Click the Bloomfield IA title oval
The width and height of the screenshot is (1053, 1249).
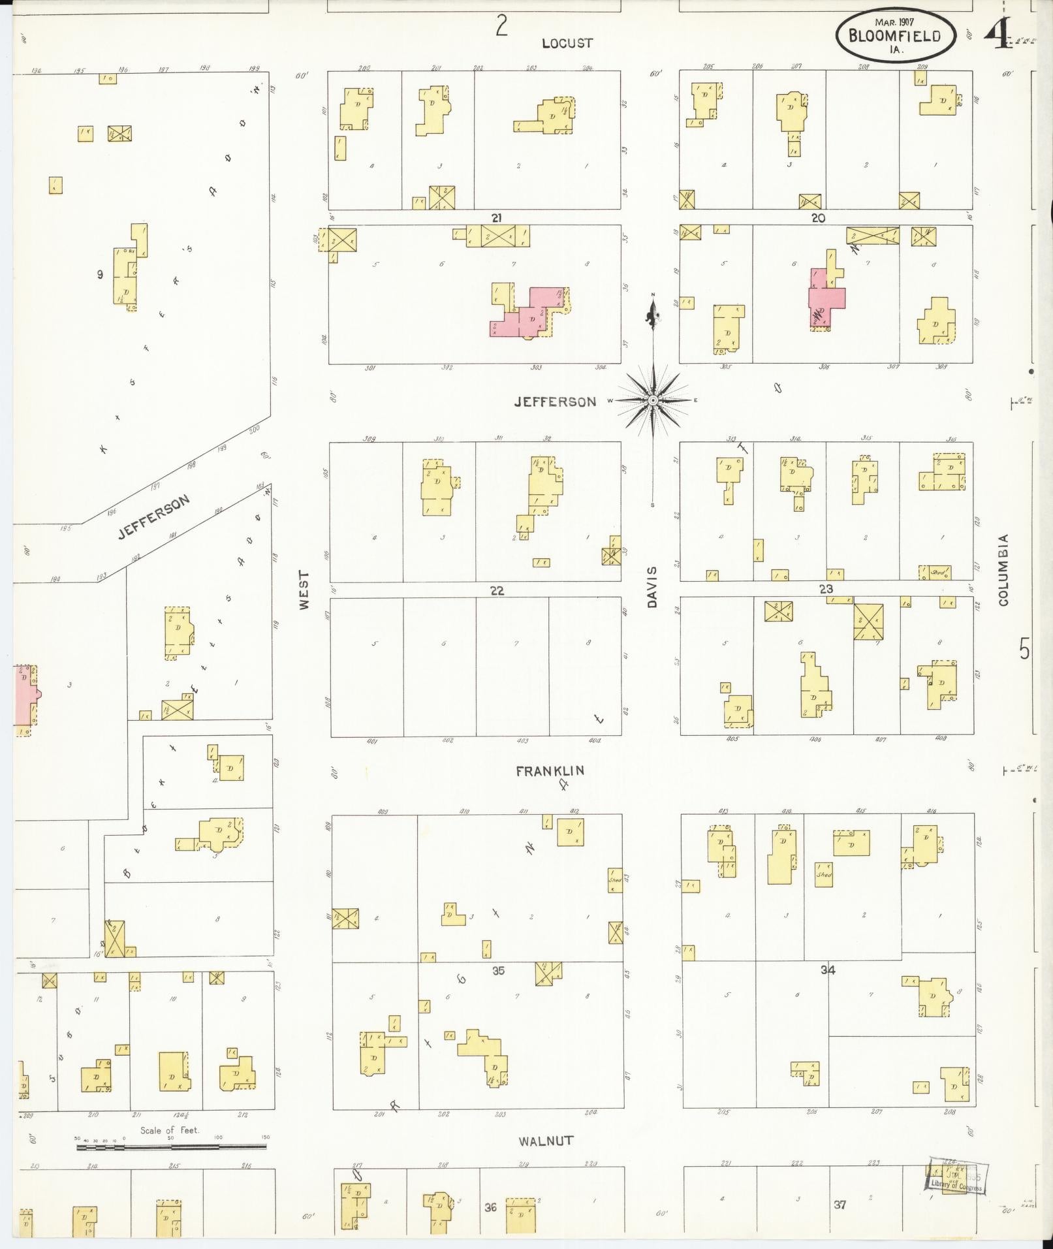895,36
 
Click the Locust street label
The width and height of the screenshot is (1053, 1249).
567,43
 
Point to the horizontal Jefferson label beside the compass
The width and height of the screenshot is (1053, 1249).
555,402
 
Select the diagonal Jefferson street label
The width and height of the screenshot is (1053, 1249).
154,517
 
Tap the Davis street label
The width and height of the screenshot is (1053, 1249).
652,587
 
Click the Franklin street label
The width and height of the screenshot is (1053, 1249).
550,771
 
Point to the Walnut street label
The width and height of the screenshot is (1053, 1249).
546,1141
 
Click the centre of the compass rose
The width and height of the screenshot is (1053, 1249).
653,400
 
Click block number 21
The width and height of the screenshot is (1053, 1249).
497,217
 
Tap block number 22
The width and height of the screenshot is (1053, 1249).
497,590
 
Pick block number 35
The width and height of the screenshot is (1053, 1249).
498,971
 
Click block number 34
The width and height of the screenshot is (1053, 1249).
828,970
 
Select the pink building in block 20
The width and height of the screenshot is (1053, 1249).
826,298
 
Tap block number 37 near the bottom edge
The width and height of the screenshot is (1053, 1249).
840,1205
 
